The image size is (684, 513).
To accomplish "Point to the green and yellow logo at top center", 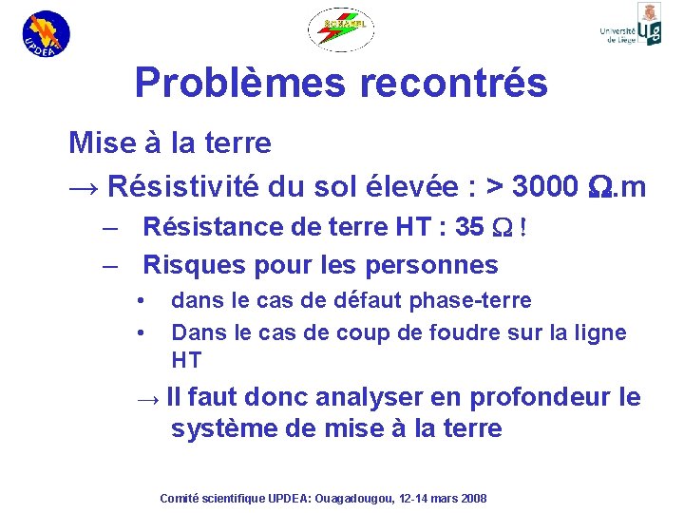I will (x=341, y=29).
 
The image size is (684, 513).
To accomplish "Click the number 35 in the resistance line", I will (x=468, y=227).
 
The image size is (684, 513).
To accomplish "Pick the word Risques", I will (x=184, y=265).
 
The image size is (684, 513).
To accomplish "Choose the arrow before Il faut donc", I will (x=148, y=398).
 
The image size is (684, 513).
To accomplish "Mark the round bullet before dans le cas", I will (x=140, y=301).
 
